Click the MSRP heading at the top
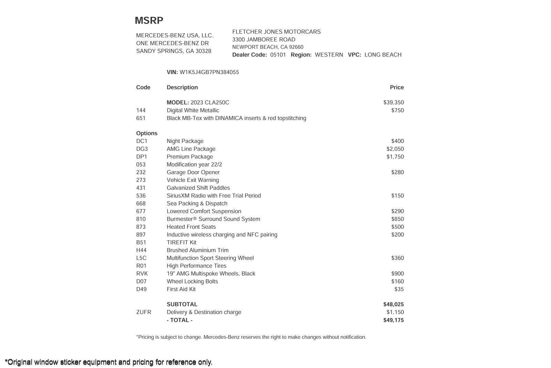[x=149, y=21]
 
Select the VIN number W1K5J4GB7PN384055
[x=209, y=72]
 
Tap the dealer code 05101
[x=278, y=55]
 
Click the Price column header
[x=397, y=88]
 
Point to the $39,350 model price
[x=393, y=103]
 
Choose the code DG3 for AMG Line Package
[x=142, y=149]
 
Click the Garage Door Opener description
[x=193, y=172]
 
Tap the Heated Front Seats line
[x=191, y=227]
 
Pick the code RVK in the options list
[x=142, y=274]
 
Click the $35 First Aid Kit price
[x=399, y=289]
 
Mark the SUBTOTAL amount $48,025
[x=393, y=305]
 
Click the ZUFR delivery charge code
[x=144, y=312]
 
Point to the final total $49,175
[x=393, y=320]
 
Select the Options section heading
[x=147, y=133]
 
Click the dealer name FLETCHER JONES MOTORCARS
[x=276, y=32]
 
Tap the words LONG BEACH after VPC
[x=383, y=55]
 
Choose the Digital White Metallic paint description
[x=193, y=111]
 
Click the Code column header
[x=143, y=88]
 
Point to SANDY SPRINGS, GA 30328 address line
[x=174, y=51]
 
